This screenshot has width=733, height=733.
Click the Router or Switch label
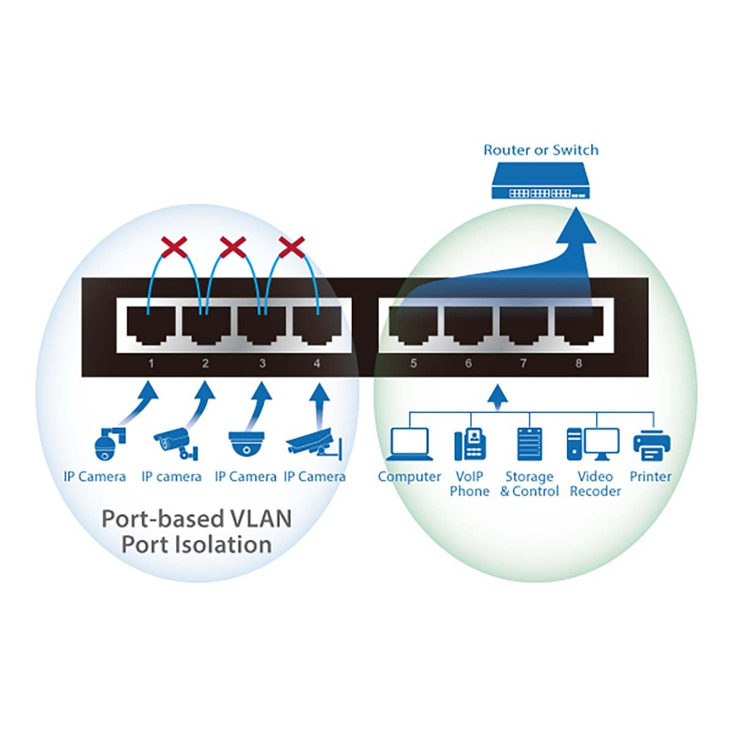[541, 150]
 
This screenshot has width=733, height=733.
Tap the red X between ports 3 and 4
[291, 248]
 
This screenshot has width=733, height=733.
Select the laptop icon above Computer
[409, 444]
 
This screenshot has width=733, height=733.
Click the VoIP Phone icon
[470, 444]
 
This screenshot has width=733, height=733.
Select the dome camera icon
[246, 443]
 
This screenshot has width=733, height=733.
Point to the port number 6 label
[468, 363]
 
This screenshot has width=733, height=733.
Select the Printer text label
[650, 476]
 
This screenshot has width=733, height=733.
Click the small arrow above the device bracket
[500, 395]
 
